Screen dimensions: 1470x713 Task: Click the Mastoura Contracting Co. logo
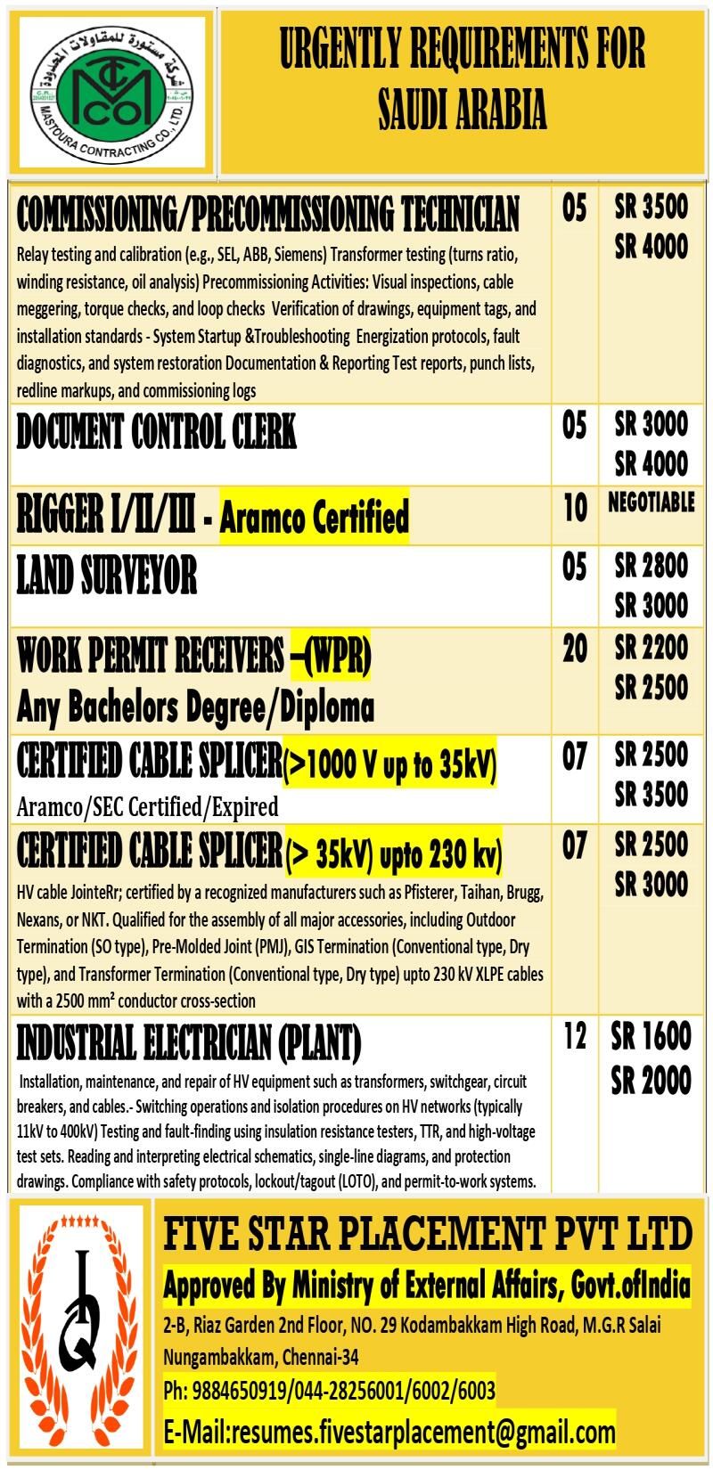click(x=111, y=93)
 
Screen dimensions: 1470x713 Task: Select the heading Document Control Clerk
click(x=156, y=433)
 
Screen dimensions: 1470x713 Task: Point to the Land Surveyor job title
click(x=106, y=576)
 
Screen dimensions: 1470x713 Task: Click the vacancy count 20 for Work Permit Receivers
click(x=575, y=649)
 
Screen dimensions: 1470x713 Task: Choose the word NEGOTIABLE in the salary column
click(x=651, y=502)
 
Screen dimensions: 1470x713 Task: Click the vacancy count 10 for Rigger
click(x=575, y=508)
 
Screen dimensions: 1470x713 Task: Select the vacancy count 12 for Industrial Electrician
click(x=575, y=1036)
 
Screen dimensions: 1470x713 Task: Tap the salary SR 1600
click(x=651, y=1036)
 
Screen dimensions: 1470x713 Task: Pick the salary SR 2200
click(x=651, y=648)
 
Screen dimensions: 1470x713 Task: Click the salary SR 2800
click(x=651, y=566)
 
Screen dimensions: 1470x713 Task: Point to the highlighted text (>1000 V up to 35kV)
click(x=389, y=764)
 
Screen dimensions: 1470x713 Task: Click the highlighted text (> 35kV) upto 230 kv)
click(x=393, y=854)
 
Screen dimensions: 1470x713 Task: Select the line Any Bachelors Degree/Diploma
click(x=195, y=708)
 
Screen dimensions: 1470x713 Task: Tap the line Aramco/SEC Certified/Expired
click(x=147, y=807)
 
